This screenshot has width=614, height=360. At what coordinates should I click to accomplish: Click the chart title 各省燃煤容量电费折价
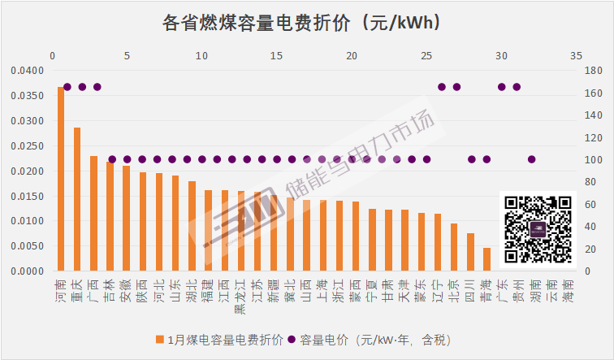coord(306,22)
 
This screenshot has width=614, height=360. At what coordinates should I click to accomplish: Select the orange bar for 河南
coord(61,179)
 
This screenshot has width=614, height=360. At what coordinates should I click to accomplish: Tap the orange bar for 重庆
coord(77,199)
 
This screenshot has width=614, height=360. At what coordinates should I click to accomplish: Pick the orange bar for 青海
coord(486,259)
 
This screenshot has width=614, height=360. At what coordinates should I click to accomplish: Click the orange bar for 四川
coord(471,252)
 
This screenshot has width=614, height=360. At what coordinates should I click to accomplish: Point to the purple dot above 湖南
coord(532,159)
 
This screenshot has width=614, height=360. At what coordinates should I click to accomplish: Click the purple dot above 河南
coord(67,87)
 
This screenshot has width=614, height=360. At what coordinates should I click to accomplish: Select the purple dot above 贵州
coord(517,87)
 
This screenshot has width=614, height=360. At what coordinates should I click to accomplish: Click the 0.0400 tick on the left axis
coord(24,71)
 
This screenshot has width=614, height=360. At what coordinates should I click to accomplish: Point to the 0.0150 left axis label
coord(24,196)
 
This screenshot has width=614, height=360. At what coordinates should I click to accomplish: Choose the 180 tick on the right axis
coord(591,71)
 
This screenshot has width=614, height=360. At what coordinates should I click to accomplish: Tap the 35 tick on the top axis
coord(576,56)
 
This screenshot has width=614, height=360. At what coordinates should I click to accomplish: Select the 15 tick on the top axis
coord(276,56)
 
